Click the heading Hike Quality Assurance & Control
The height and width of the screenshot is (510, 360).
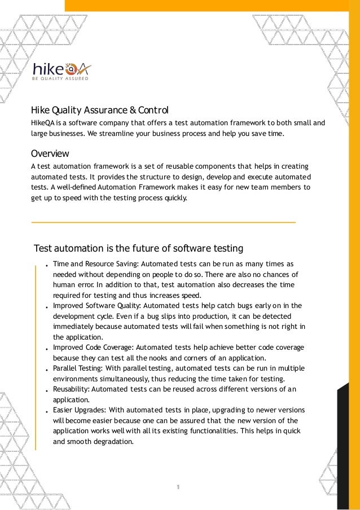(x=99, y=109)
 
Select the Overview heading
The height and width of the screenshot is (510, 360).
(x=50, y=153)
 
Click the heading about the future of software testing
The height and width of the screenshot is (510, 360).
(x=138, y=248)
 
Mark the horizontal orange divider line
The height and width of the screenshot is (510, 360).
(x=163, y=223)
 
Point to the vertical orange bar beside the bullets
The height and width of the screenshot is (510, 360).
(x=36, y=355)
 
